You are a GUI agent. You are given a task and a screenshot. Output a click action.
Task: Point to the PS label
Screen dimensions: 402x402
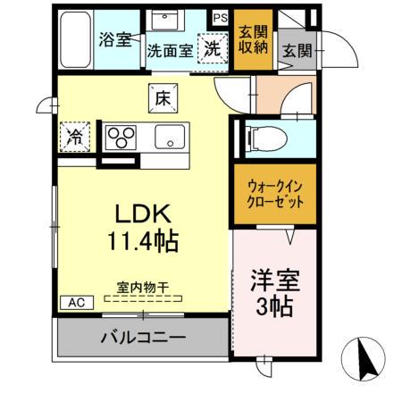[x=220, y=16]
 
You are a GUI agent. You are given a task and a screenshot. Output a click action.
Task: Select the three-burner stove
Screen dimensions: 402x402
[x=121, y=137]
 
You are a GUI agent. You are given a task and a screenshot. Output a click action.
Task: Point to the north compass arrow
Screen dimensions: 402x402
[x=365, y=360]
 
